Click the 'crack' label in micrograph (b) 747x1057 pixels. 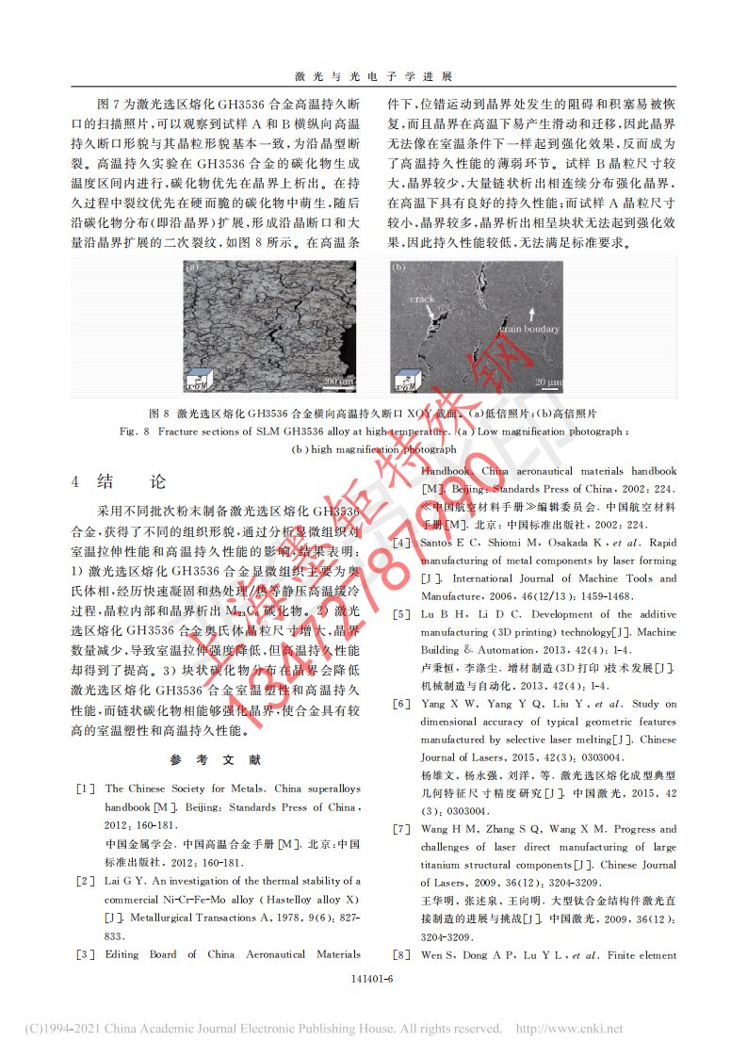(423, 300)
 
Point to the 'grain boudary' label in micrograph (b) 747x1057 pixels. (528, 329)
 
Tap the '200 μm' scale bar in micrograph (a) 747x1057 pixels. (336, 380)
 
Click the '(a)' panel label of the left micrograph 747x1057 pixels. (192, 268)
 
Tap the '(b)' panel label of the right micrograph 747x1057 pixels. (398, 268)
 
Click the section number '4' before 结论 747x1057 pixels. (75, 482)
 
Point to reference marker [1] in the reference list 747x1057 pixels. (85, 789)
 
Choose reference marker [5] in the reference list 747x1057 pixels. (401, 614)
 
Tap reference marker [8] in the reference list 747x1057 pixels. (401, 955)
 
